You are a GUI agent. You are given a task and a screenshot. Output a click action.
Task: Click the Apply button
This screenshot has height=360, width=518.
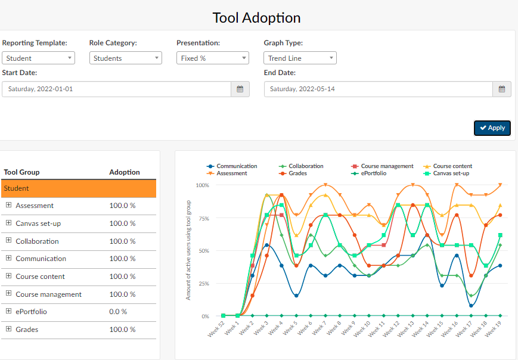[492, 128]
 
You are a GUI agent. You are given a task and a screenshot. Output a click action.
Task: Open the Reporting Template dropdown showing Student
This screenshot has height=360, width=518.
[38, 58]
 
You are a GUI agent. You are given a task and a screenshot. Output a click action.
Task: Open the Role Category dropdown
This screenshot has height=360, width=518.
[125, 58]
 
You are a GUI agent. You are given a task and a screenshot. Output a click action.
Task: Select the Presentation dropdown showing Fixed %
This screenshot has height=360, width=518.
[212, 58]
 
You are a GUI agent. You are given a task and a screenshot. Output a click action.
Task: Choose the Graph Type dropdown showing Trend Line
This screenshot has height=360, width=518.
[300, 58]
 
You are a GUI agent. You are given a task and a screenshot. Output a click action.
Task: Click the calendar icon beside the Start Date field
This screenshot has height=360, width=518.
[240, 89]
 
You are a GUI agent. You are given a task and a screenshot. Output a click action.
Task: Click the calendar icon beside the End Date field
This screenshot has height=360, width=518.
[502, 89]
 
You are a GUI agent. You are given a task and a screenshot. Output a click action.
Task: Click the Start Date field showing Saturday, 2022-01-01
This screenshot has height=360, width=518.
[116, 89]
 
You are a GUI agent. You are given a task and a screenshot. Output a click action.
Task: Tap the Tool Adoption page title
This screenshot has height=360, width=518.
[256, 18]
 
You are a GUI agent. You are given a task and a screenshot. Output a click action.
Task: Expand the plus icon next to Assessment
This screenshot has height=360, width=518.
[9, 205]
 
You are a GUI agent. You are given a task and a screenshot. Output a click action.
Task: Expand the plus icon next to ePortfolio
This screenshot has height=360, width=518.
[9, 311]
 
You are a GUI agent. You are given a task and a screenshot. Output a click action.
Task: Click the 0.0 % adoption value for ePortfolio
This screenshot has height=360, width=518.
[118, 312]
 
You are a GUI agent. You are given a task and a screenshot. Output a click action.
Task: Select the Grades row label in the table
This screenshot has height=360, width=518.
[27, 330]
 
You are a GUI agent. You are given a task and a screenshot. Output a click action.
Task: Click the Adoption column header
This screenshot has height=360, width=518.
[125, 172]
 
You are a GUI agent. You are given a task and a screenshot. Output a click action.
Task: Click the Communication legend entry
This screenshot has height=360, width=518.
[236, 166]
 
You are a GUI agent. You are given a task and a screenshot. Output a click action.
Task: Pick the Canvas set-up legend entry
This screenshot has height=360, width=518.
[451, 173]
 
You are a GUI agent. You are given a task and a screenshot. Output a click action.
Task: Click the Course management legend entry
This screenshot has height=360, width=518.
[386, 166]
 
